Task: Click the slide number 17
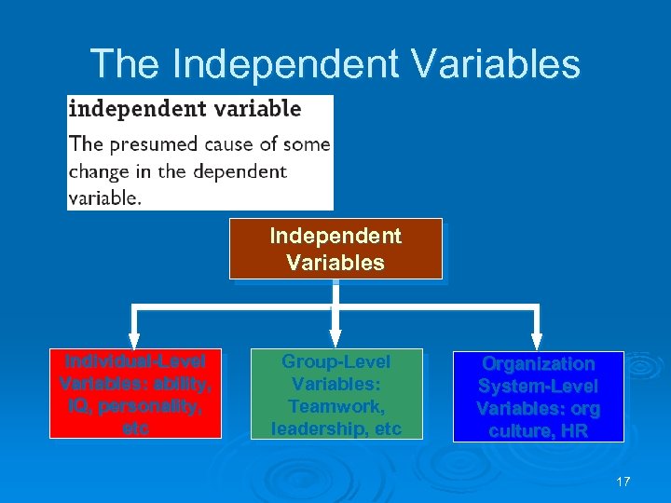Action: point(623,482)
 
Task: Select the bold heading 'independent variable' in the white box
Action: point(185,109)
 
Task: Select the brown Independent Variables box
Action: point(335,250)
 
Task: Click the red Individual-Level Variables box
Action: point(135,394)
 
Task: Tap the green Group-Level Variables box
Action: point(335,394)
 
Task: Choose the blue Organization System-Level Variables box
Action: point(538,397)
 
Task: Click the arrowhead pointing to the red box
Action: point(134,340)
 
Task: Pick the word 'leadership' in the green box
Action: point(316,428)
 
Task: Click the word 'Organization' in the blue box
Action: point(538,363)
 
